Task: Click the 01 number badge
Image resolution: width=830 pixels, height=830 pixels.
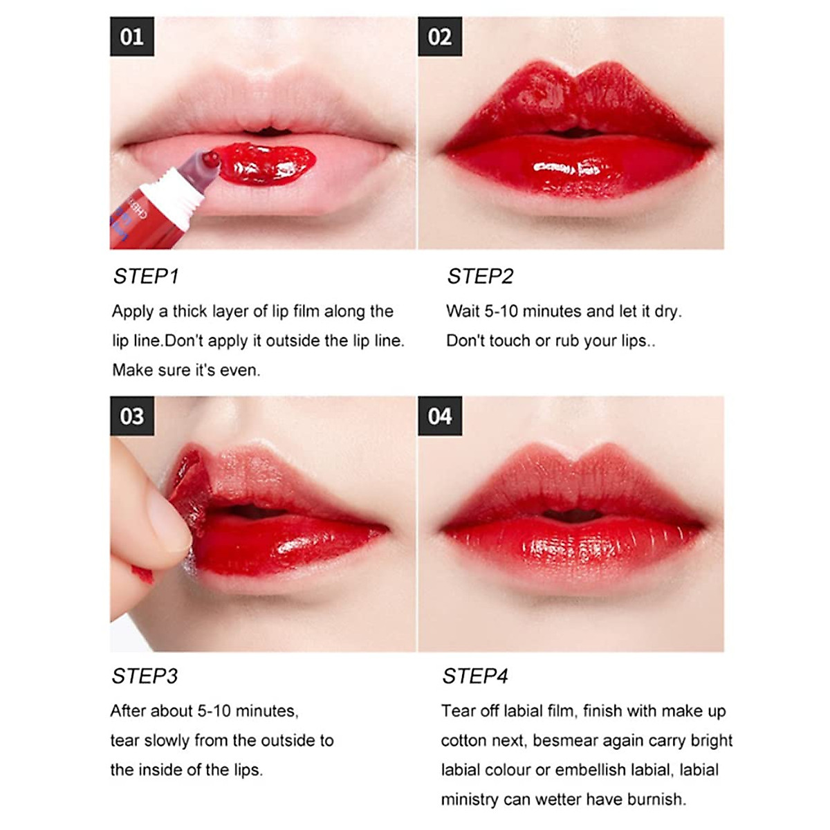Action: coord(131,37)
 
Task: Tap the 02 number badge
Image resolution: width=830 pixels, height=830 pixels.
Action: coord(439,37)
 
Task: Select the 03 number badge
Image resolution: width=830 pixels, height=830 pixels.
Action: coord(131,416)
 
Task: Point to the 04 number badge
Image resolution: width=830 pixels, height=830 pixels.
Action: coord(439,416)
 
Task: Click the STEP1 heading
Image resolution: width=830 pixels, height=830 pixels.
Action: coord(146,277)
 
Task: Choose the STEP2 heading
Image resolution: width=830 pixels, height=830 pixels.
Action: coord(480,277)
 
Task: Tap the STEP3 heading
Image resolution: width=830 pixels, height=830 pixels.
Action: coord(145,676)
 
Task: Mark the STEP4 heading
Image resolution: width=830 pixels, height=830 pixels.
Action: coord(475,676)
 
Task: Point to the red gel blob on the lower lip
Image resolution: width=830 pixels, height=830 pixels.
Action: coord(266,164)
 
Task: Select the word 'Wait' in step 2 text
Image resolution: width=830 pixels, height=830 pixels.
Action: coord(462,312)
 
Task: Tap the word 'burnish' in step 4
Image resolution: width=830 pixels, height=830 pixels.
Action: coord(656,800)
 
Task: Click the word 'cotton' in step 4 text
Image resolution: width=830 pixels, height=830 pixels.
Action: coord(464,741)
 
